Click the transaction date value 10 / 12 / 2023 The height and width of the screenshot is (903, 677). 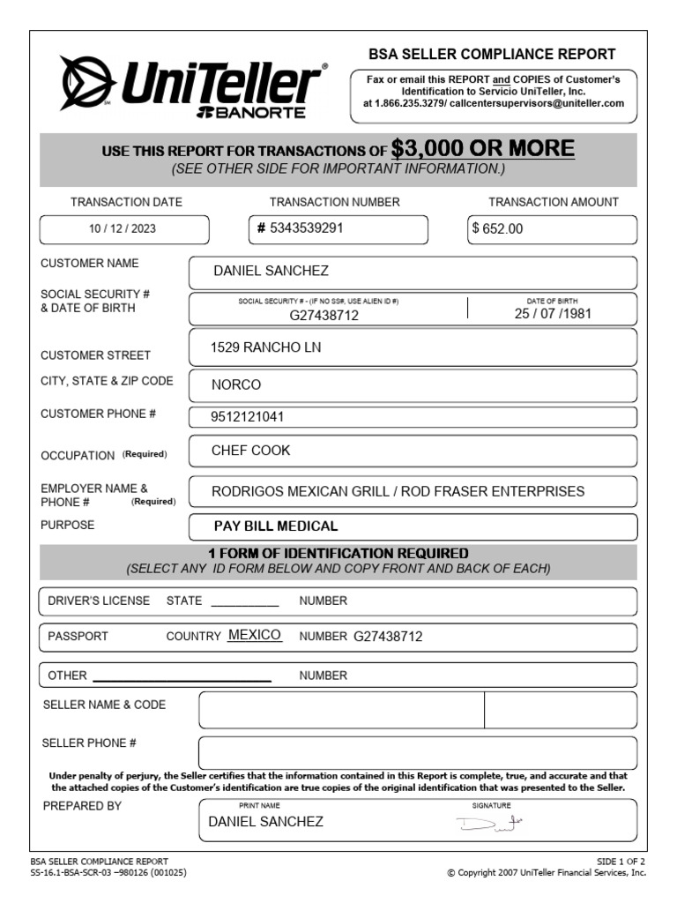pos(123,228)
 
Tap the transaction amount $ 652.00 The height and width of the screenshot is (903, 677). pos(498,228)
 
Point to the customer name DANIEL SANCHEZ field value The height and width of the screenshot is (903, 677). pos(271,271)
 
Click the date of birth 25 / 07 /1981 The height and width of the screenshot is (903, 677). pos(553,314)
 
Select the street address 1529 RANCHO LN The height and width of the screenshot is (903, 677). pos(265,347)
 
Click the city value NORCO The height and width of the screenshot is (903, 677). pos(236,385)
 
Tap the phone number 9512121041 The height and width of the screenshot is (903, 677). pos(248,417)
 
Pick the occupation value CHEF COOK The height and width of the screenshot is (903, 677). pos(250,451)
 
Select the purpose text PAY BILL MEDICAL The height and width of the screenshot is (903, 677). pos(276,526)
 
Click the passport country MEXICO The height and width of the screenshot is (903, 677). pos(254,635)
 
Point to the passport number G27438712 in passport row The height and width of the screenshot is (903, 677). pos(389,636)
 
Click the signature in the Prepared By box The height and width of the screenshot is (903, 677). pos(489,824)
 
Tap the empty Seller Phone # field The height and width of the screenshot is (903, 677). pos(417,752)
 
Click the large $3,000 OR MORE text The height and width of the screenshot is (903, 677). pos(483,148)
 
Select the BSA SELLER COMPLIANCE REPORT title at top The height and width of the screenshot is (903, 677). pos(493,54)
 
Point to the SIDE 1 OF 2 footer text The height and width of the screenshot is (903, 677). pos(621,861)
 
